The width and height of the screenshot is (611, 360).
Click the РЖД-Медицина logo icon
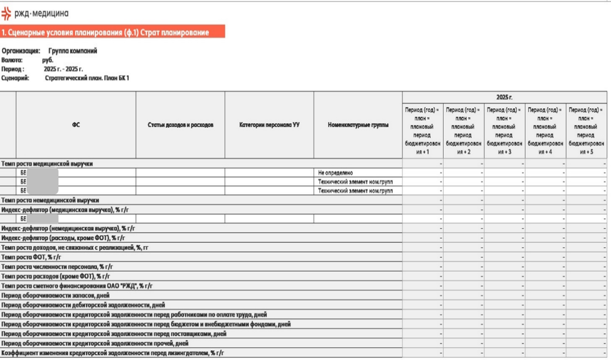click(x=6, y=14)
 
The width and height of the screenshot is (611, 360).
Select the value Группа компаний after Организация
click(x=73, y=51)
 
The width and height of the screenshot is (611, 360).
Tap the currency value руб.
click(x=48, y=60)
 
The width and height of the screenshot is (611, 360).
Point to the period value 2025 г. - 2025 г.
click(x=63, y=69)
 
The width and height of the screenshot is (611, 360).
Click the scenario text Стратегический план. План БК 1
click(x=87, y=78)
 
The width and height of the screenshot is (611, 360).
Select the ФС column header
click(x=75, y=125)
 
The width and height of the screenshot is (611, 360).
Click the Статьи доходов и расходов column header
click(x=180, y=125)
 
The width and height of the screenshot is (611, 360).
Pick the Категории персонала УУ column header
click(x=269, y=125)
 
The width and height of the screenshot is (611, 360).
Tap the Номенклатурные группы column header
click(x=358, y=125)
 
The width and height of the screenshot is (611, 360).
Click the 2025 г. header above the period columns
click(x=504, y=97)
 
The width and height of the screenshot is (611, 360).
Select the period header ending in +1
click(x=422, y=131)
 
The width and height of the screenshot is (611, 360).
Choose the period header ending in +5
click(x=586, y=131)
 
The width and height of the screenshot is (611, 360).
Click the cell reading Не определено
click(x=335, y=173)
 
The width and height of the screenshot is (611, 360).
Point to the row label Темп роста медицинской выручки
click(x=47, y=164)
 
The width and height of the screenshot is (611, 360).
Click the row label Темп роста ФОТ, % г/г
click(x=31, y=257)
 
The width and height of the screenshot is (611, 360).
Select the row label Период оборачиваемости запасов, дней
click(x=55, y=295)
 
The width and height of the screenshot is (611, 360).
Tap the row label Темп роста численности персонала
click(x=57, y=267)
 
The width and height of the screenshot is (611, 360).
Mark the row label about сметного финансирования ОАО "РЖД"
click(x=77, y=286)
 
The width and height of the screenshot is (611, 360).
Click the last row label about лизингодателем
click(x=113, y=353)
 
